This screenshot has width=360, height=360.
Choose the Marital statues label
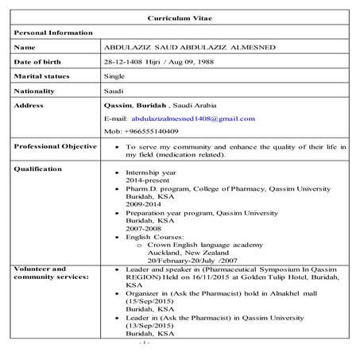point(41,76)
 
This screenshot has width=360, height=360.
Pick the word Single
point(114,76)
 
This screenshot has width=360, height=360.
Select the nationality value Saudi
point(114,91)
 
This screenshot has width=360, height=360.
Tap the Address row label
point(31,106)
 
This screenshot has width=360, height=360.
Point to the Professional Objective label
point(55,146)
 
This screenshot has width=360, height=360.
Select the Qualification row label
point(38,169)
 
